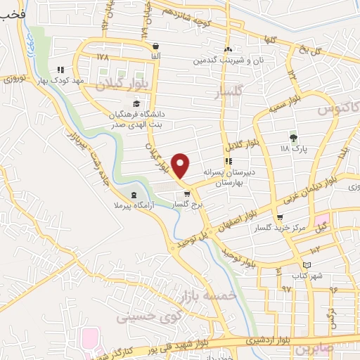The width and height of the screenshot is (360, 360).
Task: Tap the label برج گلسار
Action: pyautogui.click(x=188, y=204)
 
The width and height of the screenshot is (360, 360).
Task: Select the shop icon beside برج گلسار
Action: pyautogui.click(x=186, y=194)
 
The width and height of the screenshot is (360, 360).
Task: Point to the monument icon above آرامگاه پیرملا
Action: pyautogui.click(x=134, y=194)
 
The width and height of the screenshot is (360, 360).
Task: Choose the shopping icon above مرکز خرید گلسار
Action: pyautogui.click(x=281, y=217)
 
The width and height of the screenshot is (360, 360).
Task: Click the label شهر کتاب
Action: pyautogui.click(x=309, y=275)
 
